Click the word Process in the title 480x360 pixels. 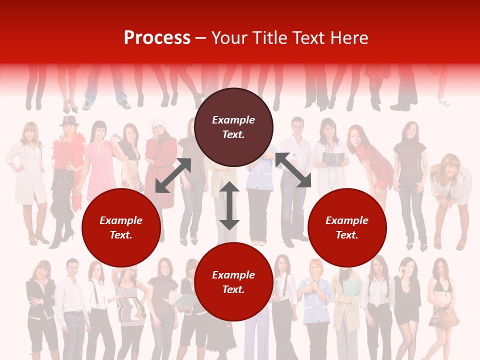(x=157, y=38)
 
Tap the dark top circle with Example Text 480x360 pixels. (x=233, y=127)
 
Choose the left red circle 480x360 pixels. (x=121, y=227)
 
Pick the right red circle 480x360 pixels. (x=347, y=227)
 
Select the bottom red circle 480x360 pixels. (x=233, y=281)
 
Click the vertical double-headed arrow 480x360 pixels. (x=229, y=205)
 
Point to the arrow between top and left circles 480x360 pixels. (x=173, y=175)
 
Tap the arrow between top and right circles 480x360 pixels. (x=293, y=170)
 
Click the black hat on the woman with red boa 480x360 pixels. (x=69, y=121)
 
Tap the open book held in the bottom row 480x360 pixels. (x=180, y=299)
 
